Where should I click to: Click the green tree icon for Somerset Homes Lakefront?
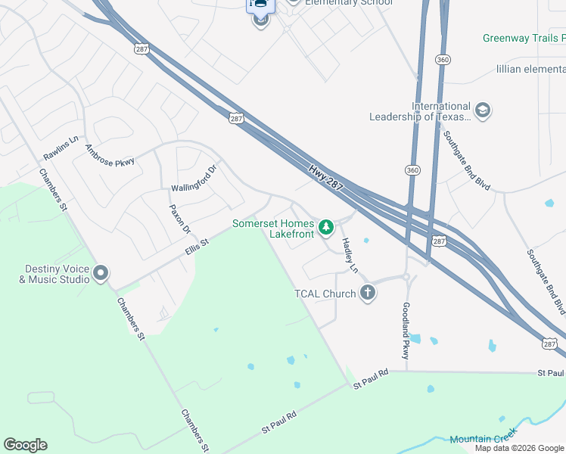[x=326, y=226]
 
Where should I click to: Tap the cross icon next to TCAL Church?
[x=368, y=293]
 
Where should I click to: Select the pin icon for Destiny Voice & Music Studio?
[x=101, y=274]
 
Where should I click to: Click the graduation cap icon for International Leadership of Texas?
[x=483, y=111]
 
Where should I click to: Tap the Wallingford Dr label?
[x=194, y=178]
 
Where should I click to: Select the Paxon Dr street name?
[x=179, y=219]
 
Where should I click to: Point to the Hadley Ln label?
[x=350, y=255]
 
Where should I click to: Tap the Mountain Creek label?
[x=483, y=437]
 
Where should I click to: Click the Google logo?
[x=25, y=445]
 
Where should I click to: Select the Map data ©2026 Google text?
[x=519, y=448]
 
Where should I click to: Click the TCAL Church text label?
[x=325, y=294]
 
